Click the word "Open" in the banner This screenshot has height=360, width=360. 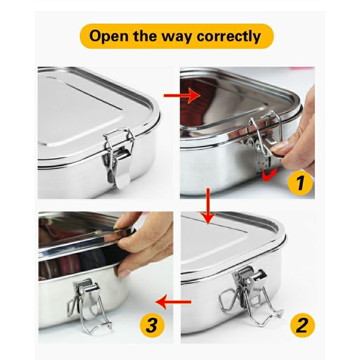(109, 36)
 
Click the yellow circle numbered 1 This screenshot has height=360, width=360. (299, 183)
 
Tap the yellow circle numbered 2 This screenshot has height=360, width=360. (302, 326)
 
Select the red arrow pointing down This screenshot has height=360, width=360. (208, 206)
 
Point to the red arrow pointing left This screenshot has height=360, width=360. (173, 302)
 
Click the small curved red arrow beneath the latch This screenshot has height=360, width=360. (269, 174)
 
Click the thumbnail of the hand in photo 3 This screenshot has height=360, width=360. (125, 273)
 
